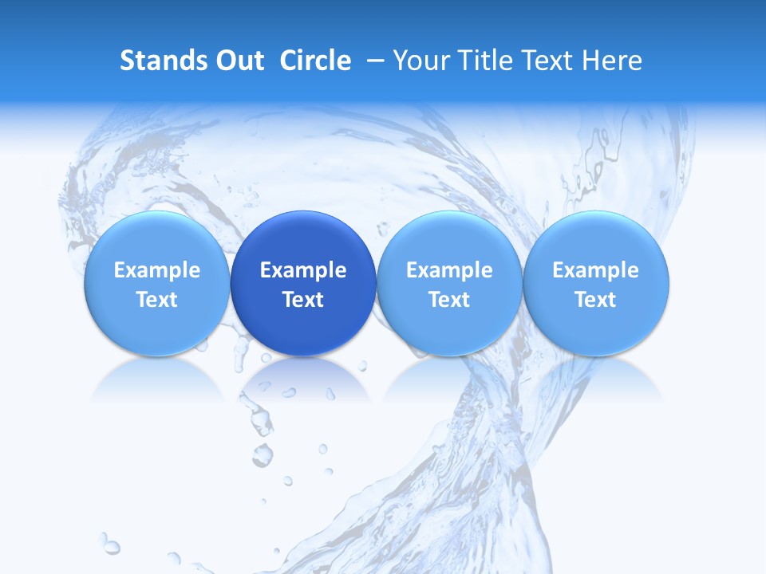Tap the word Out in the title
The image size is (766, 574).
pos(236,61)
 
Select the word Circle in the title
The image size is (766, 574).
pos(315,61)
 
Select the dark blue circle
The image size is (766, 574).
pos(303,239)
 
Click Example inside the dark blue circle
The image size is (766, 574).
pos(303,270)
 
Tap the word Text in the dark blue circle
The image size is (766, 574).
pos(303,300)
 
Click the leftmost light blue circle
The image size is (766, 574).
pos(156,239)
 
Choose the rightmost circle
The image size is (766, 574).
pos(596,239)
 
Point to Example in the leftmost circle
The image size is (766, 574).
pos(156,270)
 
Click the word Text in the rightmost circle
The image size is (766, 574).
pos(596,300)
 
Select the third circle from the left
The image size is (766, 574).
pos(449,239)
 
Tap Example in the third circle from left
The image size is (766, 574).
pos(449,270)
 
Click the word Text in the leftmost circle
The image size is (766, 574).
pos(156,300)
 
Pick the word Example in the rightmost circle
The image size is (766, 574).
pos(596,270)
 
